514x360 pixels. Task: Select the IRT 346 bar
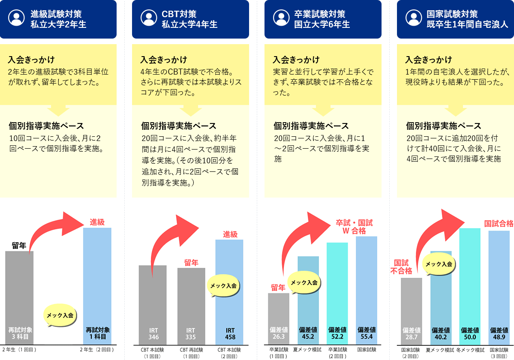(x=153, y=304)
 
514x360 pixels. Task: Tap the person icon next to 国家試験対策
(x=414, y=19)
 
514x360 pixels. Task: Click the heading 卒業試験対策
(x=320, y=15)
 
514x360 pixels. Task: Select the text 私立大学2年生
(x=58, y=24)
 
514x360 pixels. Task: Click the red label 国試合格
(x=499, y=223)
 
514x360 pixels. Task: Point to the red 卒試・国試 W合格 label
(x=354, y=227)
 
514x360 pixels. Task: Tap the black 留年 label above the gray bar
(x=19, y=246)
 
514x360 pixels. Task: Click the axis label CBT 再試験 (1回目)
(x=191, y=353)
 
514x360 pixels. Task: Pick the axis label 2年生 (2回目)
(x=97, y=350)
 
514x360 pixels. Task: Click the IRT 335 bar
(x=191, y=306)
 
